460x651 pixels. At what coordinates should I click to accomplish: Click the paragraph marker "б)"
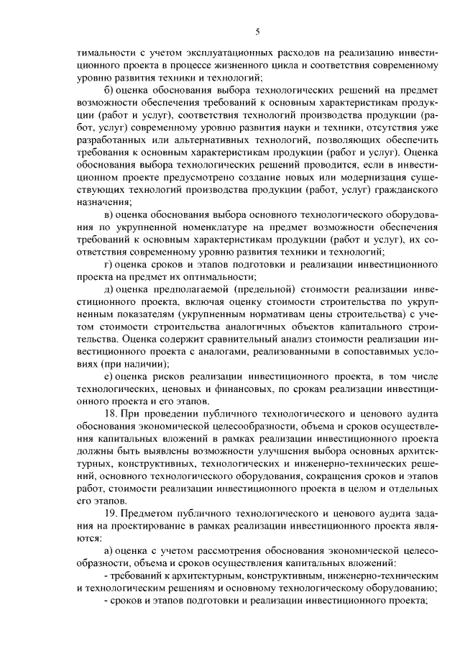109,90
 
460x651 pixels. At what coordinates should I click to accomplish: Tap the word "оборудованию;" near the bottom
395,588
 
